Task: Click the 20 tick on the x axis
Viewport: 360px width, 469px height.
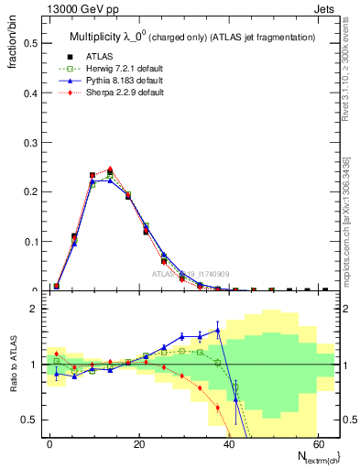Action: (138, 442)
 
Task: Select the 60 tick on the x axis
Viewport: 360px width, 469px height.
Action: (316, 442)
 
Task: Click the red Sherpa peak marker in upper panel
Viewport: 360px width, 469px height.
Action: (110, 169)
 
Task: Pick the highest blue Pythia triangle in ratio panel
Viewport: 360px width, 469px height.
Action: (217, 330)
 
